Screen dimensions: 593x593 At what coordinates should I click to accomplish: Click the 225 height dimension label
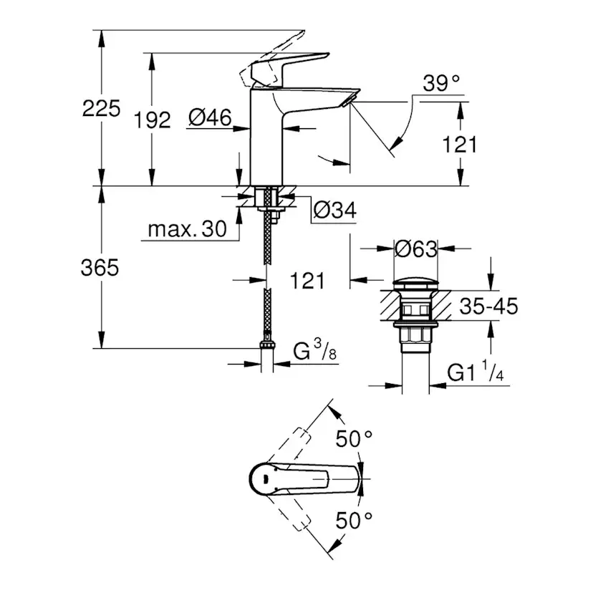point(102,109)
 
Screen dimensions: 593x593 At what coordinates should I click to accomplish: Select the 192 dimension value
point(152,120)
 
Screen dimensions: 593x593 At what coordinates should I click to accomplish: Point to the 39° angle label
point(440,84)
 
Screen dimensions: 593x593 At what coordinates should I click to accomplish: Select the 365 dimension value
point(99,268)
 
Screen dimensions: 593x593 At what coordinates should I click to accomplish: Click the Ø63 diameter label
point(415,249)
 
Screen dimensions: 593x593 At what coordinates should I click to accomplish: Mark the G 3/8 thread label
point(315,352)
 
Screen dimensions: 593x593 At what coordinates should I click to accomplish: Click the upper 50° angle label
point(356,438)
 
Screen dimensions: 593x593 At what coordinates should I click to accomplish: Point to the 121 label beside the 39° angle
point(458,144)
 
